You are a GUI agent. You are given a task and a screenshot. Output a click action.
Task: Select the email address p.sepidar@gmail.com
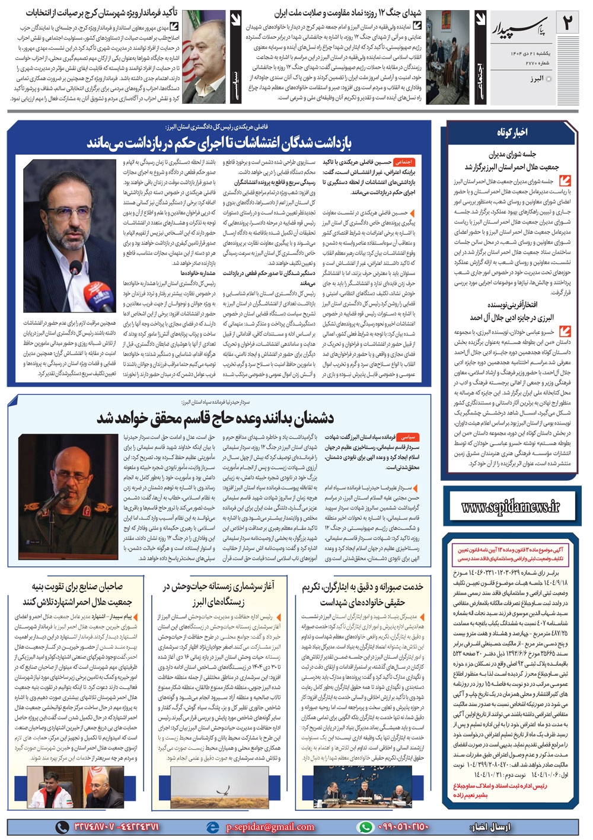coord(270,827)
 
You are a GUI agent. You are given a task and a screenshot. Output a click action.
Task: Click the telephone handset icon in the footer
coord(62,827)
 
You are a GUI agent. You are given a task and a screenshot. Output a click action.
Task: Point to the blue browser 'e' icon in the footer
coord(212,827)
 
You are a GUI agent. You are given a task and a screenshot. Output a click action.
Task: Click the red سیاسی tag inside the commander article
coord(407,437)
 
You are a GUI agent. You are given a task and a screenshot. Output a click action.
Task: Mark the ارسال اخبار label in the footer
coord(489,827)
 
